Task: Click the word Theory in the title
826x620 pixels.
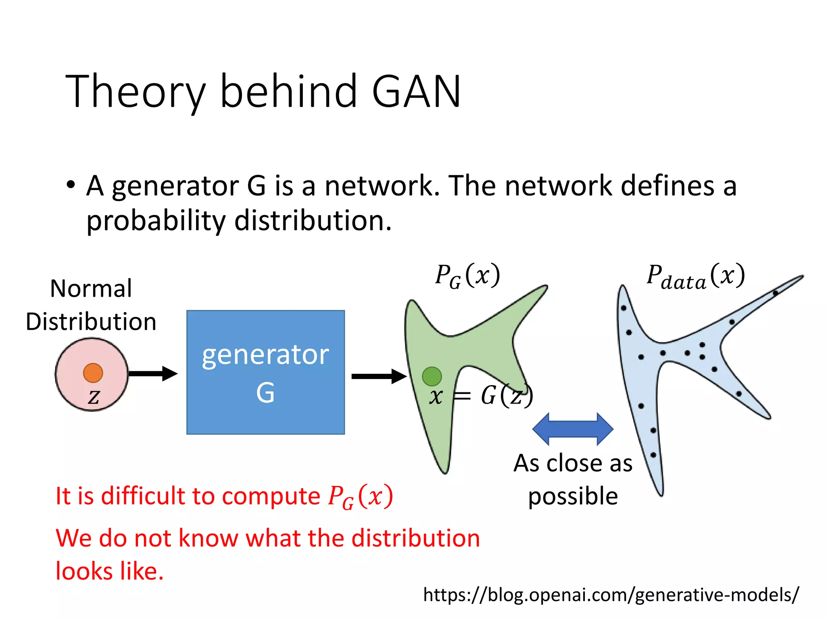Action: [135, 92]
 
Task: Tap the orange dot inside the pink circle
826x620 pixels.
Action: [93, 373]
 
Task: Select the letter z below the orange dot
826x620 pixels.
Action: [94, 396]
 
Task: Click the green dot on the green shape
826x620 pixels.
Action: [432, 376]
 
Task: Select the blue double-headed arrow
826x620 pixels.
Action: [573, 429]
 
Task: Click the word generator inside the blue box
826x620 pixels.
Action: [265, 355]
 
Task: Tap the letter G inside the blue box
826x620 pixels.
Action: [265, 392]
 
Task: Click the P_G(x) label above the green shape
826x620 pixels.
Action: [467, 276]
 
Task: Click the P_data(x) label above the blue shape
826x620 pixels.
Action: [695, 277]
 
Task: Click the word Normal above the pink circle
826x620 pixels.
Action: [91, 289]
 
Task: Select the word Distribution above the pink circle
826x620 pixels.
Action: [91, 322]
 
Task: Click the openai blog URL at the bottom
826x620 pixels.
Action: [611, 595]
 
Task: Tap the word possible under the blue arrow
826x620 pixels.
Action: [573, 496]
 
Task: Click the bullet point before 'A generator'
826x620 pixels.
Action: [71, 185]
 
